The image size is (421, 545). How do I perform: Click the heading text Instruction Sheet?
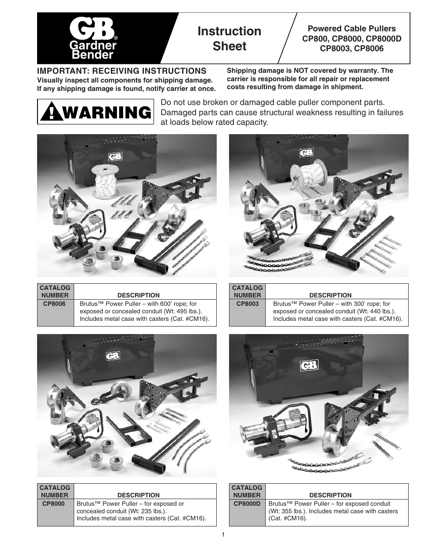(x=229, y=38)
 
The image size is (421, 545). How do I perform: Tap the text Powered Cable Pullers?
(x=351, y=29)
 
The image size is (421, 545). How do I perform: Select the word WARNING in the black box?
(x=106, y=113)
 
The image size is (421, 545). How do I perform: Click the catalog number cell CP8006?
(x=56, y=304)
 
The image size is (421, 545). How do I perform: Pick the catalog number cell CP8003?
(x=247, y=304)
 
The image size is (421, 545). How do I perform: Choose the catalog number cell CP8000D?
(x=247, y=504)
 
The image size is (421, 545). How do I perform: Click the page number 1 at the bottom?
(x=223, y=535)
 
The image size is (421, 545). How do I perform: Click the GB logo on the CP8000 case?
(x=113, y=355)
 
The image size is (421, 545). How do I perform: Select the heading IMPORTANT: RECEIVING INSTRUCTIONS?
(x=121, y=71)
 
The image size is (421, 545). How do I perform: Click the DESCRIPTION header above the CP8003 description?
(x=330, y=295)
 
